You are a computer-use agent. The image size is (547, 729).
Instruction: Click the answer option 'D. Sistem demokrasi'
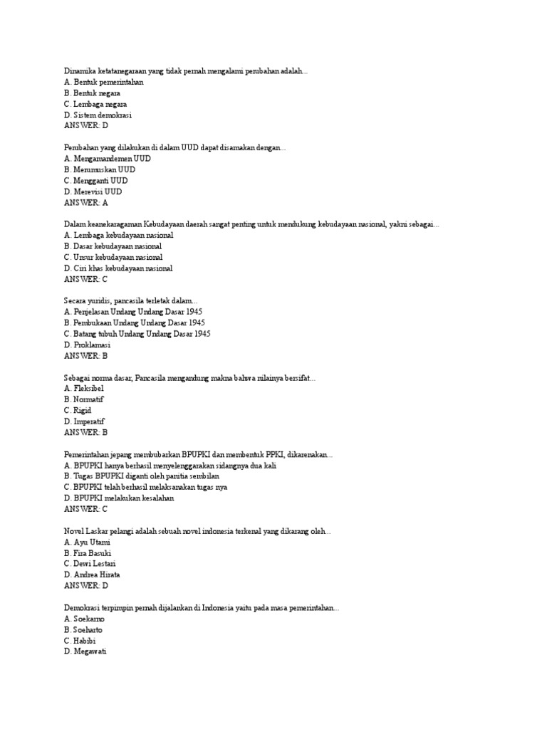98,115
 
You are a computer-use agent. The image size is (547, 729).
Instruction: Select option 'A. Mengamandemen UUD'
107,159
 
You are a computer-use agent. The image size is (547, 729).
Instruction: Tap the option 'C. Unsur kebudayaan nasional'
113,257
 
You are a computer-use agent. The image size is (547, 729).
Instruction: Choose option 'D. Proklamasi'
87,345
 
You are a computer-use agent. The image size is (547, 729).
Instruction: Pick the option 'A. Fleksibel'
83,389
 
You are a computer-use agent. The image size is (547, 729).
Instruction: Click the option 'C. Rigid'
78,410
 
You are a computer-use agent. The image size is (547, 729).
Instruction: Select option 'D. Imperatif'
84,421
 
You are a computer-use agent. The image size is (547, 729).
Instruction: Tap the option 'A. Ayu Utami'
87,542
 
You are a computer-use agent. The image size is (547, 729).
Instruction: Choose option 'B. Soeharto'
83,629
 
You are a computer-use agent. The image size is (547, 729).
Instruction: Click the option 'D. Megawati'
85,651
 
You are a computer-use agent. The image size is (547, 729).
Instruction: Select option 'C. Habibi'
79,641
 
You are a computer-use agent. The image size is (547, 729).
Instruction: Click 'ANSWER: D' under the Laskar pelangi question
85,585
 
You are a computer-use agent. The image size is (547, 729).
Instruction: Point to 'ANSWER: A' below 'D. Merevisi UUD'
85,202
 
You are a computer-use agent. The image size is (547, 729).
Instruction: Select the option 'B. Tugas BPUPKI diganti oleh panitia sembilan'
141,476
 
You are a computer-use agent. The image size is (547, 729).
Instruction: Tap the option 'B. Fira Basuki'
87,552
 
